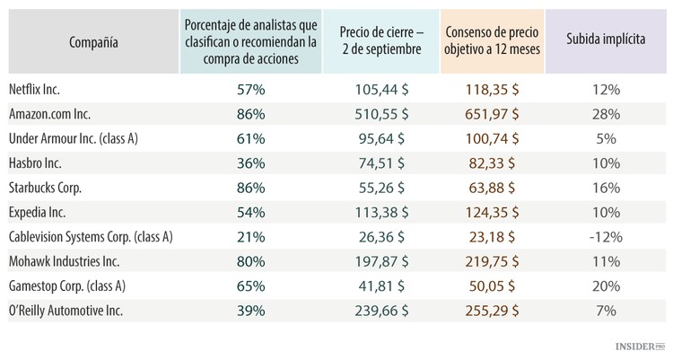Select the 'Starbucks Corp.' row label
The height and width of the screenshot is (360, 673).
point(45,188)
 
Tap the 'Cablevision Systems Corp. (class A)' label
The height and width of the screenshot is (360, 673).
point(90,236)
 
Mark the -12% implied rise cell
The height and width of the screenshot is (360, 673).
point(607,236)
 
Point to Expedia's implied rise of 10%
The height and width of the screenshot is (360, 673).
point(607,212)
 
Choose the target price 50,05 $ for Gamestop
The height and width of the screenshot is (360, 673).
point(494,285)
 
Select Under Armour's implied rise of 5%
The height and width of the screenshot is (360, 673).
point(607,139)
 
